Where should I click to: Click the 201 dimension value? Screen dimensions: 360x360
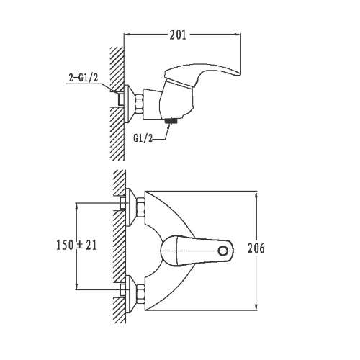(x=178, y=35)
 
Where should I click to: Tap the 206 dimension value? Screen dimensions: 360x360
(x=256, y=248)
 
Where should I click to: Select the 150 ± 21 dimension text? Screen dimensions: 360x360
(x=76, y=245)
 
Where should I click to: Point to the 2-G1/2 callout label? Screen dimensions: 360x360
(x=84, y=78)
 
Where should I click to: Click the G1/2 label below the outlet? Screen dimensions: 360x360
(x=143, y=138)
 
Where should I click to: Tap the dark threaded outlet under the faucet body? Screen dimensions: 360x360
(x=171, y=120)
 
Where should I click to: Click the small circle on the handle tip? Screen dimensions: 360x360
(x=223, y=251)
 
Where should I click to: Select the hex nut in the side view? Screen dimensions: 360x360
(x=140, y=104)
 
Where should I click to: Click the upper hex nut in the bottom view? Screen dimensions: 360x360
(x=140, y=207)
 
